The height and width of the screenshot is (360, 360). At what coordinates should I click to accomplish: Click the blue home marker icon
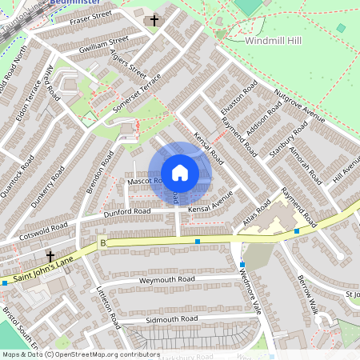click(180, 173)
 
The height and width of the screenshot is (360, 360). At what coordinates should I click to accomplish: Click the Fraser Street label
click(90, 16)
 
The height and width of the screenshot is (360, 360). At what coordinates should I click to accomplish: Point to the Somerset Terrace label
click(138, 93)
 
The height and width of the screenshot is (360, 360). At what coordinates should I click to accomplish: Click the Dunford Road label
click(126, 212)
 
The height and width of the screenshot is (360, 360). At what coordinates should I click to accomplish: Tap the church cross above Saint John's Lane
click(50, 257)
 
